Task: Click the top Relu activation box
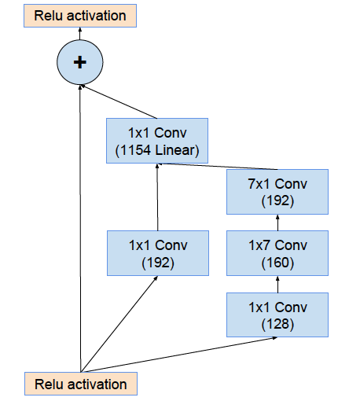click(x=80, y=16)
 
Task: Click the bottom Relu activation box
click(x=81, y=384)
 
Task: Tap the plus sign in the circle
click(x=80, y=62)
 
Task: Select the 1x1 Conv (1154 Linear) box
click(x=157, y=141)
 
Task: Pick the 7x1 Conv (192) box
click(x=277, y=192)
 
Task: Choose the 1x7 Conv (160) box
click(x=277, y=253)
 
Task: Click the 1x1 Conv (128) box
click(x=277, y=315)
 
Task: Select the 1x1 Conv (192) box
click(x=158, y=253)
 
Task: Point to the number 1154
click(x=135, y=150)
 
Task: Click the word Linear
click(x=174, y=150)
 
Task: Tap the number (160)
click(x=277, y=263)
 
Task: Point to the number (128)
click(x=277, y=324)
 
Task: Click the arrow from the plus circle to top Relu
click(x=80, y=34)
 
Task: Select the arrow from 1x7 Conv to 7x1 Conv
click(x=277, y=223)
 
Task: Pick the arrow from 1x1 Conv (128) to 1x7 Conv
click(x=277, y=284)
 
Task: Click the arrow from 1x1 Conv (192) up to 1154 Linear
click(x=157, y=197)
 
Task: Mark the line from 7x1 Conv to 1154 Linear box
click(x=218, y=167)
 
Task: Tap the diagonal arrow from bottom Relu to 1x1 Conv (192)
click(x=119, y=324)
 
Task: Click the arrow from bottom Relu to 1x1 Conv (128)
click(x=179, y=355)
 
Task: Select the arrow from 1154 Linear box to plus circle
click(x=119, y=101)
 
